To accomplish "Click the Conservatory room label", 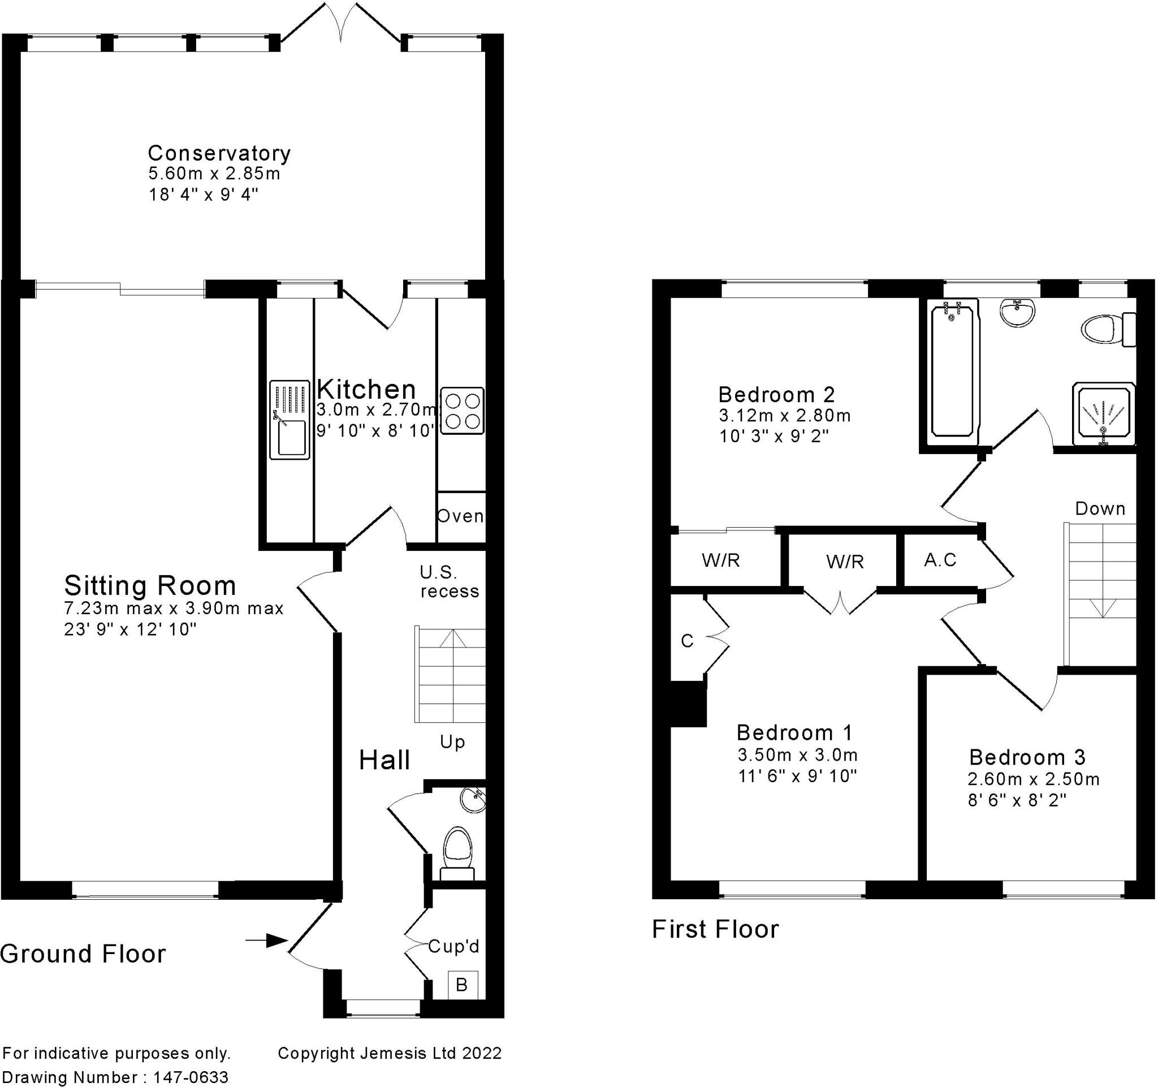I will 219,153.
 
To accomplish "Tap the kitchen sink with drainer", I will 289,420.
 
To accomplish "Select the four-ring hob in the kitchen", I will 462,411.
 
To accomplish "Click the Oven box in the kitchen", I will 460,516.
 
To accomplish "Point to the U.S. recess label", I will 449,581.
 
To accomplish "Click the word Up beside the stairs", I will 452,742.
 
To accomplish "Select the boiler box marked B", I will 462,985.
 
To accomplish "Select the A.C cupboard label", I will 940,560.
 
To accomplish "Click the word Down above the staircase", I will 1100,508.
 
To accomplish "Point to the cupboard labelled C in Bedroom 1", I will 688,641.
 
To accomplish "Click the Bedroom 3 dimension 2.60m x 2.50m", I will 1034,779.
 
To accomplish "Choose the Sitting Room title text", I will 150,585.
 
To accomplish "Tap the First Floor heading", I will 715,929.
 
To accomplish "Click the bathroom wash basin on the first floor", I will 1018,313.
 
